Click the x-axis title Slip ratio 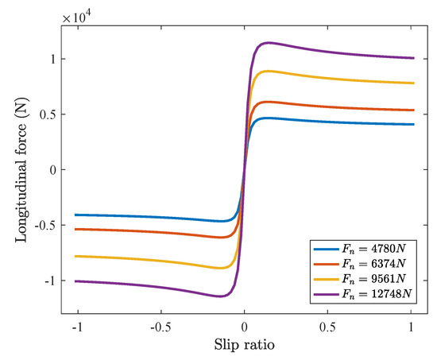click(245, 346)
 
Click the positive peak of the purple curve click(269, 43)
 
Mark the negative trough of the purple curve click(221, 296)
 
